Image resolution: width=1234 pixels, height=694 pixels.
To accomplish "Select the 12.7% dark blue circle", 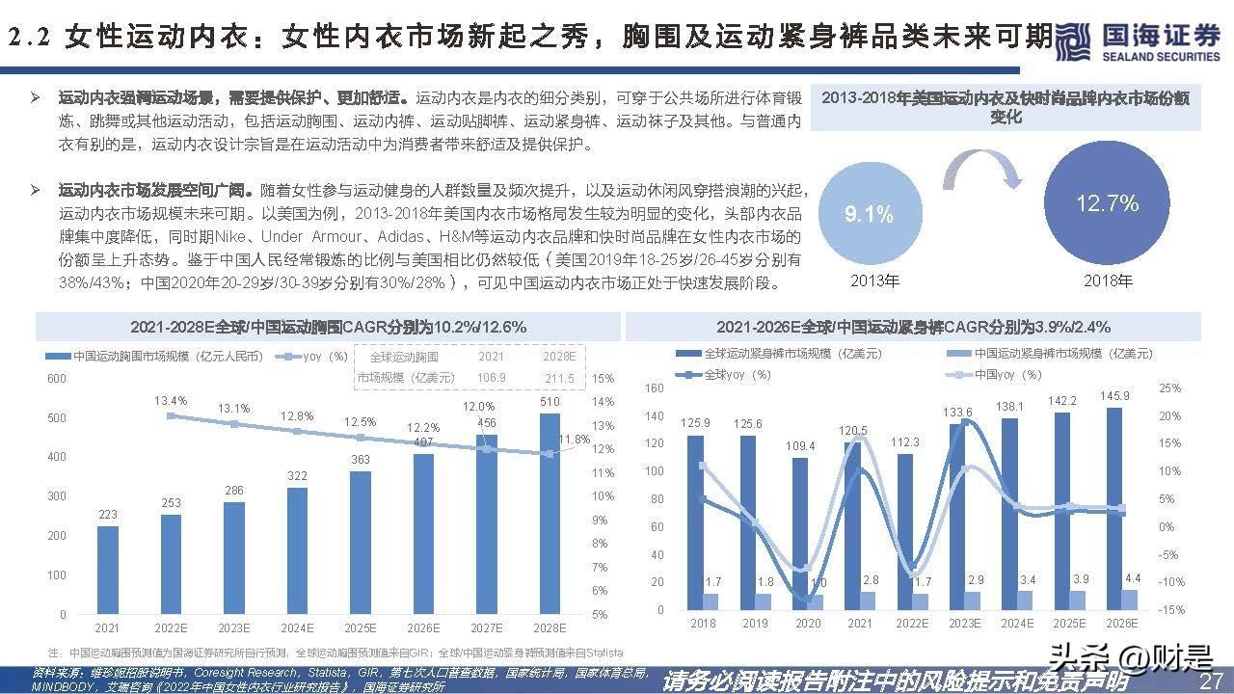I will [x=1107, y=204].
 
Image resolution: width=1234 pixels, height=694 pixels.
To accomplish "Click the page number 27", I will [x=1210, y=681].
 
